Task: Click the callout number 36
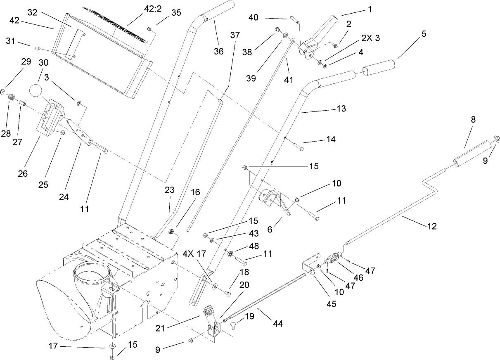click(218, 51)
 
